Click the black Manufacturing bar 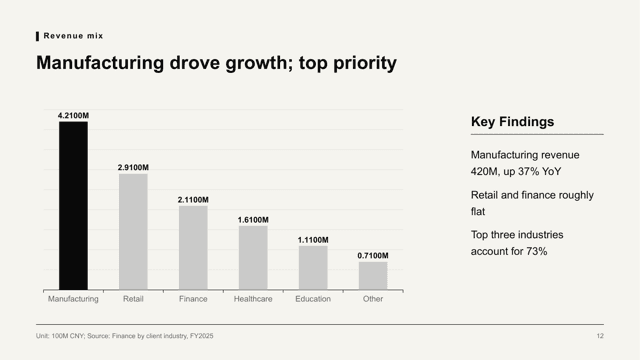(73, 206)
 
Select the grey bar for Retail (133, 232)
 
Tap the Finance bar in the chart (193, 248)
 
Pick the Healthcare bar (253, 258)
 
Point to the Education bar (313, 268)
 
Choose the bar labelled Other (373, 276)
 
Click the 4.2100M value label (73, 116)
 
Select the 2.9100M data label (133, 167)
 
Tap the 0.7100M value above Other (373, 256)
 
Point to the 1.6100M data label (253, 220)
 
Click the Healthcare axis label (253, 299)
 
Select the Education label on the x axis (313, 299)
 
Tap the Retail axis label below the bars (133, 299)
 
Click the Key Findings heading (512, 122)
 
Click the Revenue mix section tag (73, 36)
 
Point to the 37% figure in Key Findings (529, 171)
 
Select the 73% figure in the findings (536, 251)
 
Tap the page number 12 (600, 336)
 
